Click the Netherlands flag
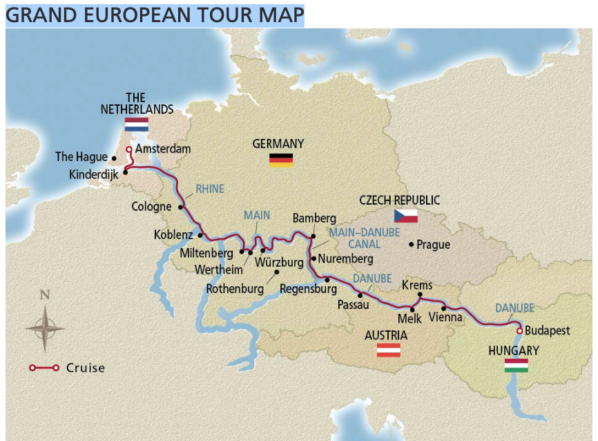tap(136, 124)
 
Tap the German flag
tap(280, 160)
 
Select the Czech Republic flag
tap(406, 216)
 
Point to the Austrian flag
tap(389, 350)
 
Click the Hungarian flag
tap(517, 365)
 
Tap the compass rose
tap(45, 328)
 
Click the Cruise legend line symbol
tap(44, 368)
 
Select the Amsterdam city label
tap(163, 149)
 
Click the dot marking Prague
tap(412, 244)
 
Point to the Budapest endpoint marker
tap(519, 330)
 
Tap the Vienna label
tap(445, 318)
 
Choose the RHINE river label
tap(209, 189)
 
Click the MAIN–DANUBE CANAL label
tap(364, 238)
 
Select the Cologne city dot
tap(181, 207)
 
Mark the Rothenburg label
tap(235, 289)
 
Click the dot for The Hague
tap(114, 158)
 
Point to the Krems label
tap(417, 285)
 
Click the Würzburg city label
tap(279, 263)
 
